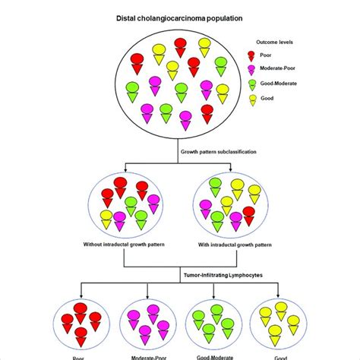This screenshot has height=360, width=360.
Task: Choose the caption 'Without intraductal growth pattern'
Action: (125, 245)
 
